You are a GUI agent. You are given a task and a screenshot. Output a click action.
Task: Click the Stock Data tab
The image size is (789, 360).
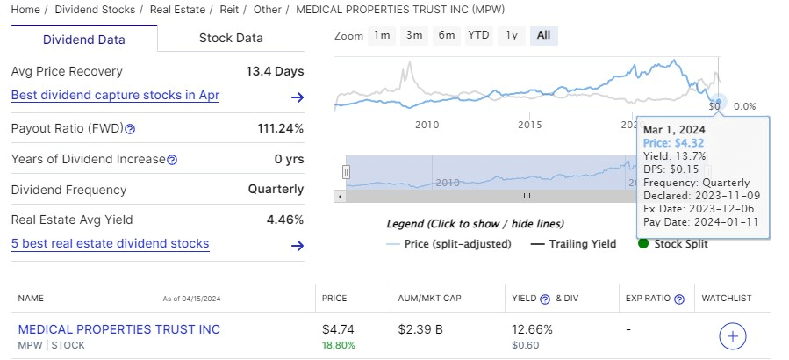231,38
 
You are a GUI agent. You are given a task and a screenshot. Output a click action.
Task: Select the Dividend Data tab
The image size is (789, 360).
84,40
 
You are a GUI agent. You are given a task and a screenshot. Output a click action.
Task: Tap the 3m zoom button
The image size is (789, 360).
414,35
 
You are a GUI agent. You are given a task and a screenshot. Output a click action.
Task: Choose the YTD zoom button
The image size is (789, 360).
478,35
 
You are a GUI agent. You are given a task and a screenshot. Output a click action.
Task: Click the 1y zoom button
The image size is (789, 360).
512,35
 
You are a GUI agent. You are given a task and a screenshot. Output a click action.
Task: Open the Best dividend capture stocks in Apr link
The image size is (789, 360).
115,95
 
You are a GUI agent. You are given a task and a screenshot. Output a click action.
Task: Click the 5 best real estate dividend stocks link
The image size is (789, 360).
111,244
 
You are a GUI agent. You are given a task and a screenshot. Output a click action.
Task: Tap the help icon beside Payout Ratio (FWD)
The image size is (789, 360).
130,129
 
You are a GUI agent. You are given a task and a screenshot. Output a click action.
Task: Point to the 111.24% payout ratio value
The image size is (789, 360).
281,129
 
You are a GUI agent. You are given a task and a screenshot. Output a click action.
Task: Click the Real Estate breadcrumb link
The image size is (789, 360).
177,10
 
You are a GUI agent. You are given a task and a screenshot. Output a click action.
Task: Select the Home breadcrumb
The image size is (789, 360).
25,10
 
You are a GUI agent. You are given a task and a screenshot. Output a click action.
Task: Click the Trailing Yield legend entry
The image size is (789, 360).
573,244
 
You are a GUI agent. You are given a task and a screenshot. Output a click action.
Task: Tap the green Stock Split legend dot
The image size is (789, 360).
643,244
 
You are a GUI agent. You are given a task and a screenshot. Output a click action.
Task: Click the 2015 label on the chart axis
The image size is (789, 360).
530,125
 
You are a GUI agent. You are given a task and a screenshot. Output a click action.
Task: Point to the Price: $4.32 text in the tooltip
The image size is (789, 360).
673,143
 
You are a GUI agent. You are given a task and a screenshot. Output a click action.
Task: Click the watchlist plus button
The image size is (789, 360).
733,336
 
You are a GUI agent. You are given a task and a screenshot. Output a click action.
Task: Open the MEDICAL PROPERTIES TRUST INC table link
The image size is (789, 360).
119,329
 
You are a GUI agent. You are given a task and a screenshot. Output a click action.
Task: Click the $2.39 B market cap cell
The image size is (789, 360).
420,330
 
